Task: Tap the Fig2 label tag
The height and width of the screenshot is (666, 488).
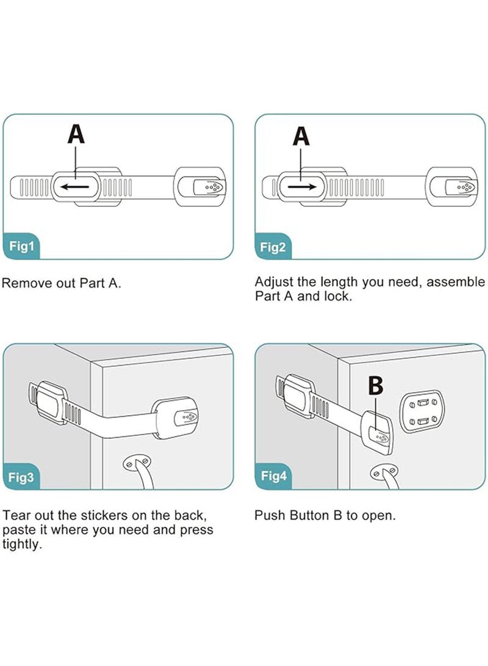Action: (273, 247)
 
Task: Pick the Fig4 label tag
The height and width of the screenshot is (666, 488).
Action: (273, 476)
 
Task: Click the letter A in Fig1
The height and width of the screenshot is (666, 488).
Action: (76, 134)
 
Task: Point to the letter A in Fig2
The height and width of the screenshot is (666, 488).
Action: (301, 136)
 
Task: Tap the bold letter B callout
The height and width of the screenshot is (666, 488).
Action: (376, 386)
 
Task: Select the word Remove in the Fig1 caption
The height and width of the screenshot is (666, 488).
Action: (25, 284)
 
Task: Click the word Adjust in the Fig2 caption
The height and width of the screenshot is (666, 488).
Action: (273, 283)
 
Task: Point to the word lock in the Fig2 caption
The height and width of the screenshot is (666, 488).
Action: (339, 297)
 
